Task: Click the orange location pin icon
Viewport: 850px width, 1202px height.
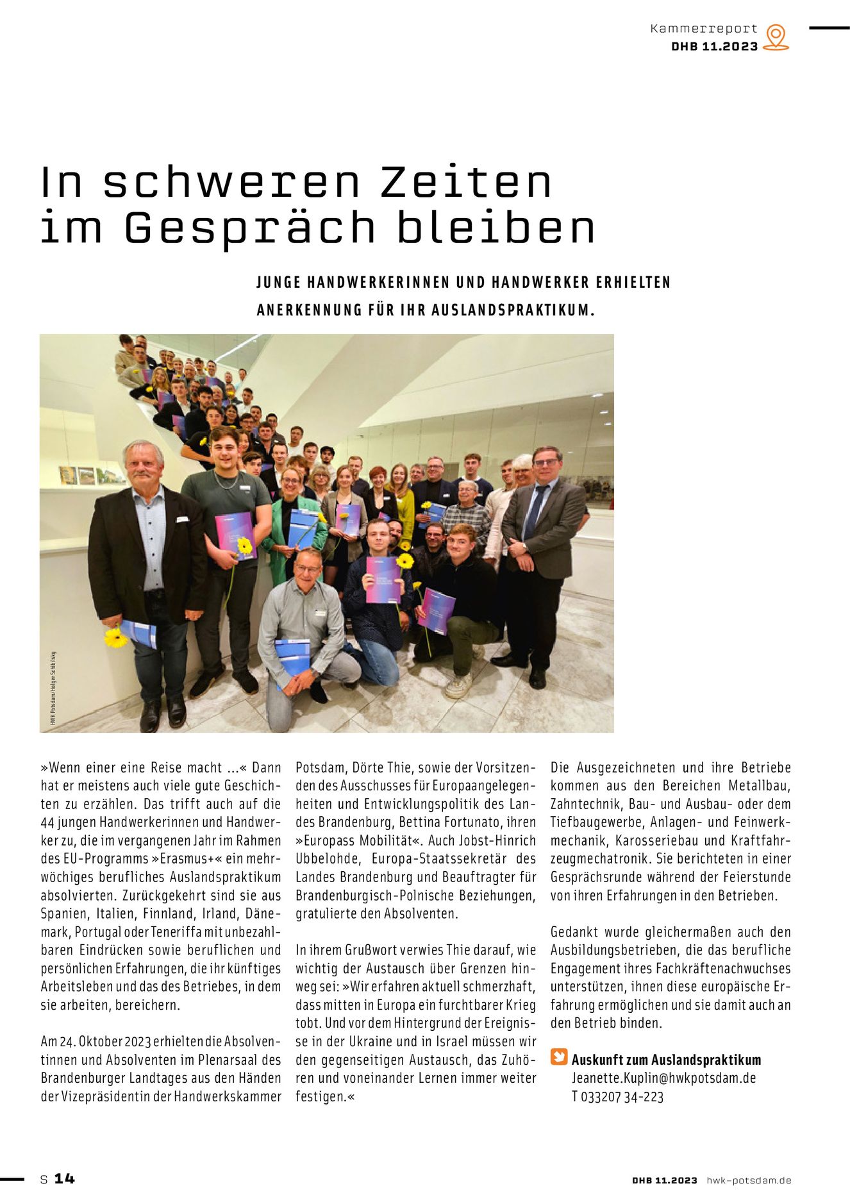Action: coord(776,37)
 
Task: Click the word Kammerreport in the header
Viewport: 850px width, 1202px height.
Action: coord(704,29)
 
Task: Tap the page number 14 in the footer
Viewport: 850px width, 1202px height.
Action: coord(64,1178)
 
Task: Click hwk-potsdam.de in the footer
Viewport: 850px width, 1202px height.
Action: coord(749,1180)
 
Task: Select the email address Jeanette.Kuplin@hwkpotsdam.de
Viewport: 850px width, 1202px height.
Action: coord(663,1078)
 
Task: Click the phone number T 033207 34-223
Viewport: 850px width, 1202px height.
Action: coord(617,1096)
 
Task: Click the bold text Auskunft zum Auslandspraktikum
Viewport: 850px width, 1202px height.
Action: coord(666,1060)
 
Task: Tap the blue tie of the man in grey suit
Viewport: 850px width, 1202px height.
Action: coord(533,510)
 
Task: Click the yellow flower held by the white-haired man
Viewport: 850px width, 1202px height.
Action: coord(115,637)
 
